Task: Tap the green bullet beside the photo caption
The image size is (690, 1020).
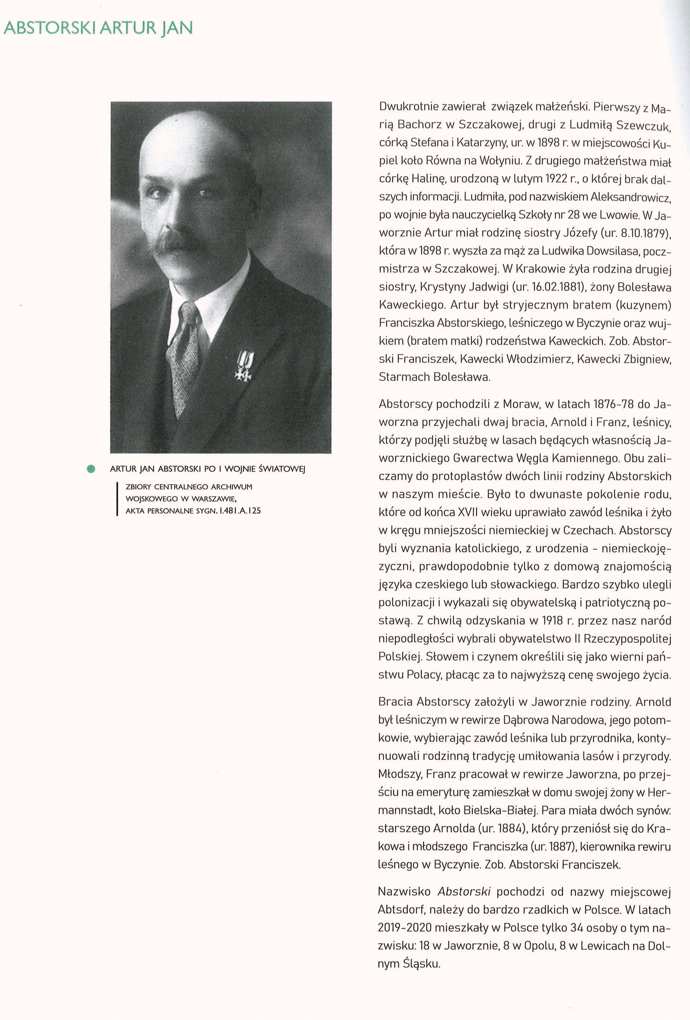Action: (x=91, y=469)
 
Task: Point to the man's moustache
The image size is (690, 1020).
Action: (x=175, y=243)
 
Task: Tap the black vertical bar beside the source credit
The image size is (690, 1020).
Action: (x=117, y=499)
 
